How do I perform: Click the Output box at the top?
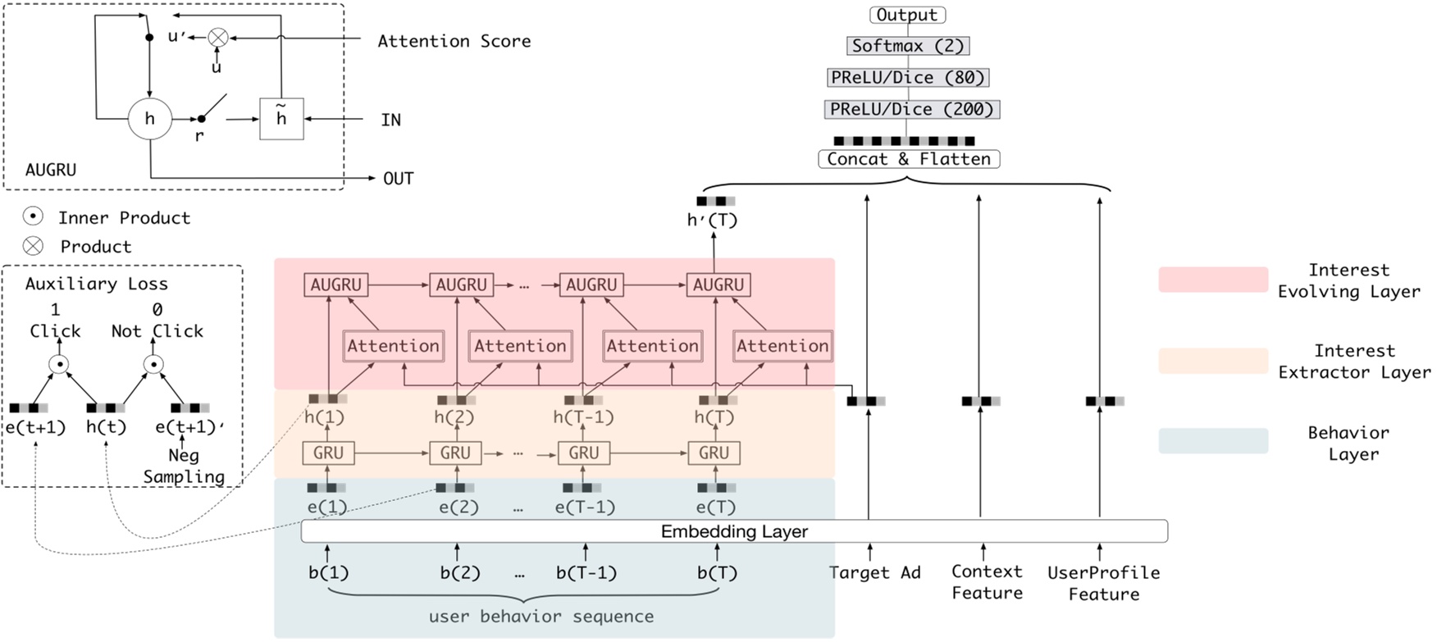point(907,15)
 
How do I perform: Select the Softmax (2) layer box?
point(907,46)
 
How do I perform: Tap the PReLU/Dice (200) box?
point(911,109)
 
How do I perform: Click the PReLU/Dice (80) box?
point(908,78)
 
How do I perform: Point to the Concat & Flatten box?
point(909,159)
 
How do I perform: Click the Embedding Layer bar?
point(734,531)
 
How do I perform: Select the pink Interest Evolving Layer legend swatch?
point(1213,280)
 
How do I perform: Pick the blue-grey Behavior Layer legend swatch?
point(1213,441)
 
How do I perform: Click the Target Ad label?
point(874,572)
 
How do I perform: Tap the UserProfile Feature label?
point(1103,583)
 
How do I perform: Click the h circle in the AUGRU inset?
point(150,119)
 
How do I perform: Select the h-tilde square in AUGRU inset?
point(281,119)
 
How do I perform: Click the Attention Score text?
point(454,41)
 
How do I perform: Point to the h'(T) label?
point(712,220)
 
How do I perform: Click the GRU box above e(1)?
point(328,453)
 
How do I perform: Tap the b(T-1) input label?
point(586,572)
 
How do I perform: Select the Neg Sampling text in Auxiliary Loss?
point(184,466)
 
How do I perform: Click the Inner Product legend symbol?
point(33,216)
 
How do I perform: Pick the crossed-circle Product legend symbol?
point(33,246)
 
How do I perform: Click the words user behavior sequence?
point(541,616)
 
